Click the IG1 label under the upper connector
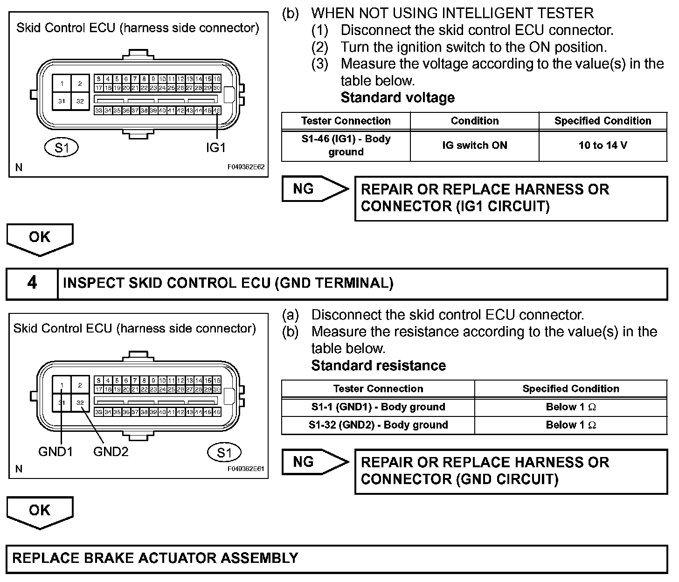point(215,147)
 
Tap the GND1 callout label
point(55,451)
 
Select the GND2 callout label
point(111,451)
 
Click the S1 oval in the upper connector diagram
point(62,148)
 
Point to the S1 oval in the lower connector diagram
point(224,452)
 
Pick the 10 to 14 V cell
point(603,145)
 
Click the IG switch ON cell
point(474,145)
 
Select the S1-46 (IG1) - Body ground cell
point(346,145)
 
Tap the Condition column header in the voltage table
point(474,121)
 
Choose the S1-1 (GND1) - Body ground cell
point(378,407)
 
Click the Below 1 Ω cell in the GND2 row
point(571,425)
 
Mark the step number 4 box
point(32,283)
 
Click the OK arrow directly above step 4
point(40,238)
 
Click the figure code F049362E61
point(246,468)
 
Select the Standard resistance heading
point(378,365)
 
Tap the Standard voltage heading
point(397,97)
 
